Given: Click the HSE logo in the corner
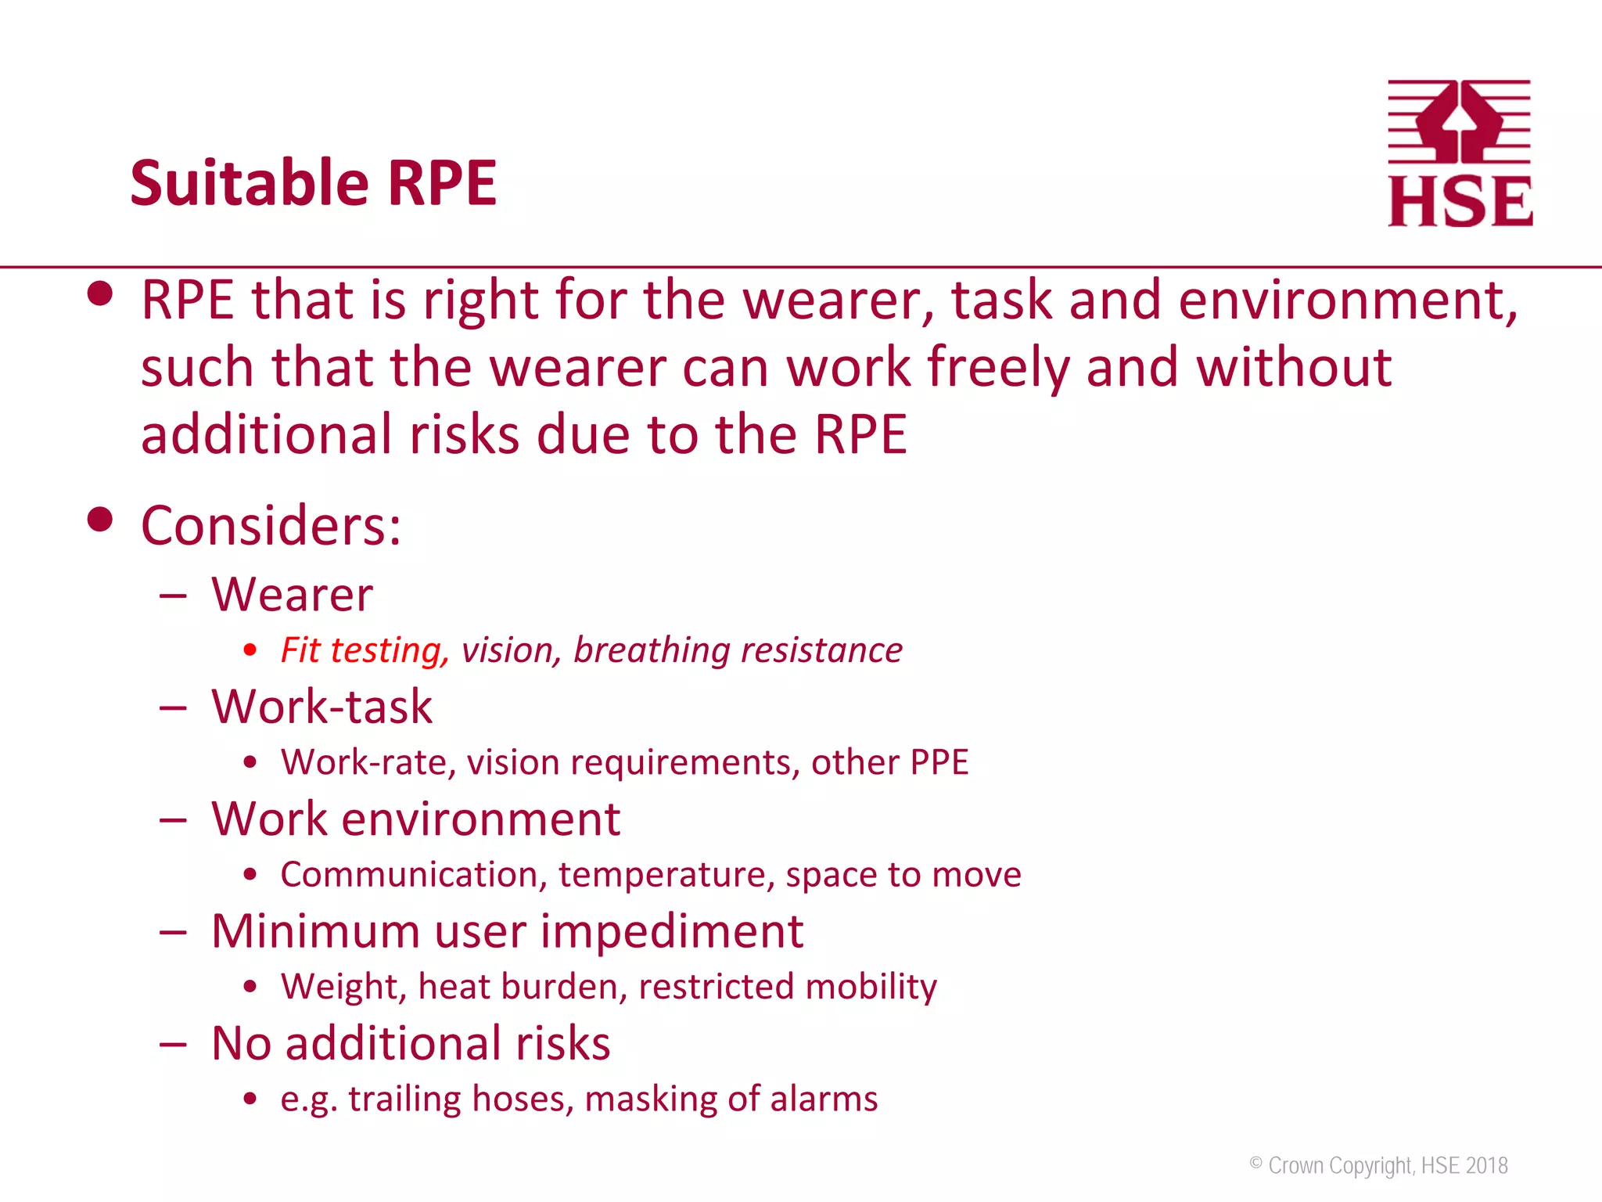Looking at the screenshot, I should [x=1460, y=153].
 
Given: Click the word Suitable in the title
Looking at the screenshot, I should [x=249, y=183].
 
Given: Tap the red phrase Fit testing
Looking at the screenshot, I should [x=365, y=650].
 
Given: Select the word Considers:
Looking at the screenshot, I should [x=271, y=525].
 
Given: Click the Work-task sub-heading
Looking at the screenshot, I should [x=321, y=707].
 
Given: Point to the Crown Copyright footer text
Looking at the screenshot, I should [x=1378, y=1165].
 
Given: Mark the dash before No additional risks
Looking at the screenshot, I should [x=173, y=1044].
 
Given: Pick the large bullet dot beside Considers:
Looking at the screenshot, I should [x=100, y=519].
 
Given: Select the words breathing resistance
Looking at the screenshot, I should [x=738, y=650].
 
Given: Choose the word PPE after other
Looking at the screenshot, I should [x=939, y=762].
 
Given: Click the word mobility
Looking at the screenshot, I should [x=871, y=986].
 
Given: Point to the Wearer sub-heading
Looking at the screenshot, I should [x=292, y=595].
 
